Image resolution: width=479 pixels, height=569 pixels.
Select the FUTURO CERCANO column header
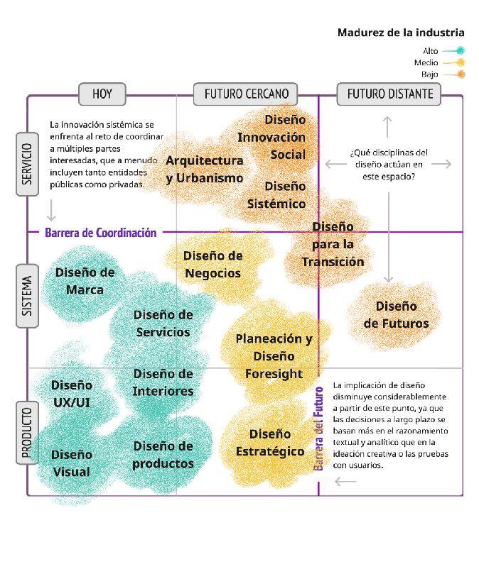[x=246, y=93]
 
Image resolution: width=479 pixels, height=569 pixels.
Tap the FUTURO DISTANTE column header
[x=389, y=93]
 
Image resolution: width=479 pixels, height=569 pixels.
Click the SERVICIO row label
[x=26, y=164]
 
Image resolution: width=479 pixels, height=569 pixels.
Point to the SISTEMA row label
[x=26, y=296]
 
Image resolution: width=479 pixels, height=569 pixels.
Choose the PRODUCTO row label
[x=26, y=433]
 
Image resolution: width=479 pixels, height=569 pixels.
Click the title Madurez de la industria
[x=401, y=33]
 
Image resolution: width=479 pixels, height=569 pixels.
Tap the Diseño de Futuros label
[x=396, y=314]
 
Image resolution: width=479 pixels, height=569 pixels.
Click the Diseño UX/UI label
[x=71, y=394]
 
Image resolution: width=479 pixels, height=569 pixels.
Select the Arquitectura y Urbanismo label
[x=204, y=169]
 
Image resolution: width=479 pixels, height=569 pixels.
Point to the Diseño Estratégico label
[x=269, y=442]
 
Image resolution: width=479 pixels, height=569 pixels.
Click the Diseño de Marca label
[x=85, y=280]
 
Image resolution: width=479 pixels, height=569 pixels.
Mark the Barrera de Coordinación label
[x=100, y=232]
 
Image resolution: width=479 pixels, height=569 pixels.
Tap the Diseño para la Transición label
[x=333, y=243]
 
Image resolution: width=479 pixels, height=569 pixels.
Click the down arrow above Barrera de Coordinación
[x=51, y=210]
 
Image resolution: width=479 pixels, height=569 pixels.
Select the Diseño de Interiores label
[x=163, y=382]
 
